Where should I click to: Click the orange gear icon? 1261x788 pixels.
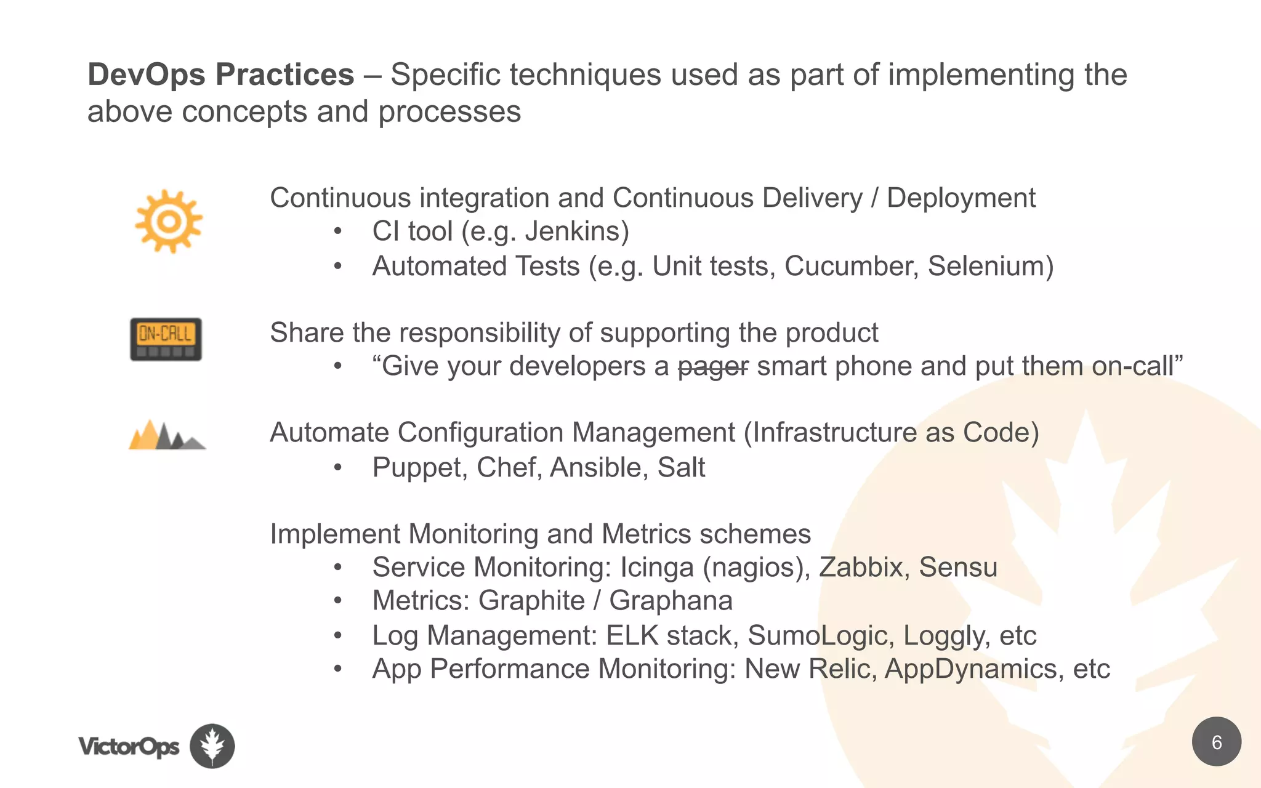(x=169, y=221)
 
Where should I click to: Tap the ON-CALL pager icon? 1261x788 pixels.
(x=166, y=339)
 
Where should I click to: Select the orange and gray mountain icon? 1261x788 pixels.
(x=167, y=435)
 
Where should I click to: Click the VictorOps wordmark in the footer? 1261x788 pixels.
(x=129, y=747)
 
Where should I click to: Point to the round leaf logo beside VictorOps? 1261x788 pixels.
(x=212, y=746)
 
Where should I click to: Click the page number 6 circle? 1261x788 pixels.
(x=1216, y=742)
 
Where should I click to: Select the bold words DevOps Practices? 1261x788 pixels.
(x=221, y=74)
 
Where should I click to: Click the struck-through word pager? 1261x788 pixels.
(x=713, y=366)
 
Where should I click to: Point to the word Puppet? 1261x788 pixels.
(x=416, y=468)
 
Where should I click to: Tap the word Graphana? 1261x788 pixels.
(x=671, y=601)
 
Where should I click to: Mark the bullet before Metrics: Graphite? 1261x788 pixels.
(x=337, y=601)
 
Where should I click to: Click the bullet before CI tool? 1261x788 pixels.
(x=337, y=232)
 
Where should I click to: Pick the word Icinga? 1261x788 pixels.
(x=656, y=567)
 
